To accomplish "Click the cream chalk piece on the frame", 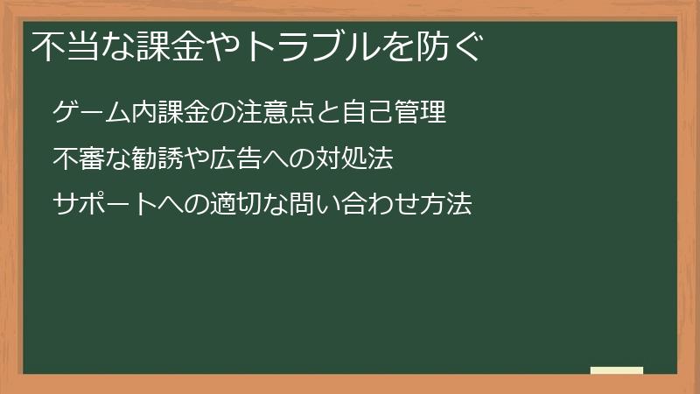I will coord(617,370).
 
